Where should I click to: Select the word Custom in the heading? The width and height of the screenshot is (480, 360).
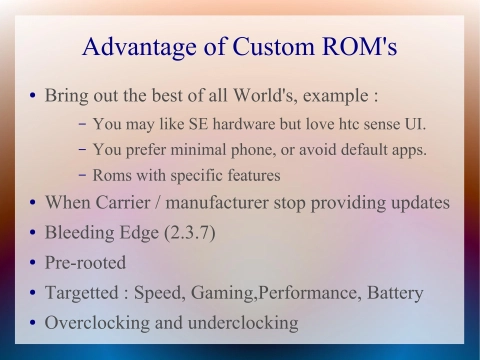click(x=274, y=47)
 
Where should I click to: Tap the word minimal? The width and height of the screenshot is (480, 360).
click(x=205, y=150)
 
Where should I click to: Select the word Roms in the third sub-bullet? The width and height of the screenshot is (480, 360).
click(x=113, y=176)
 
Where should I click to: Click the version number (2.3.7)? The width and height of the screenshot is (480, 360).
click(x=184, y=233)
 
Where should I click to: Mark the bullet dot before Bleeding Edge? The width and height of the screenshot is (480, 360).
click(x=33, y=234)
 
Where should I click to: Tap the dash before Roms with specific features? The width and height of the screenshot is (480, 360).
click(x=81, y=176)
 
